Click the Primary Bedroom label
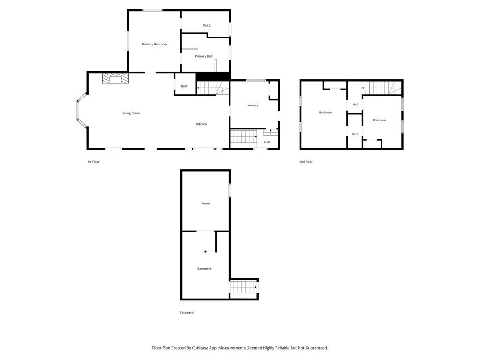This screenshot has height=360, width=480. click(155, 44)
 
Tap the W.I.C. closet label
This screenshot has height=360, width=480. click(207, 25)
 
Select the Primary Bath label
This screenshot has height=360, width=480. click(204, 56)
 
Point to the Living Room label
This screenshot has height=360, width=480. click(131, 113)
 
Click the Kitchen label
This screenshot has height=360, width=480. click(202, 124)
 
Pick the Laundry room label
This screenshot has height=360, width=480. click(252, 105)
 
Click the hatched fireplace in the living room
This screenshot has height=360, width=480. click(115, 78)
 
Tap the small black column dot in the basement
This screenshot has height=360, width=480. click(205, 252)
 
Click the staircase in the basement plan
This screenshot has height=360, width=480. click(243, 287)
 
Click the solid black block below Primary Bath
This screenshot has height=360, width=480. click(213, 76)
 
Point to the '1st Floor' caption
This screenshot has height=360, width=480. click(93, 162)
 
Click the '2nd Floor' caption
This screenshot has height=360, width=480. click(306, 162)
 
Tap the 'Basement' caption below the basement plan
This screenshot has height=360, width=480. click(187, 312)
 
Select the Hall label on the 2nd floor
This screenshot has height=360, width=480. click(355, 105)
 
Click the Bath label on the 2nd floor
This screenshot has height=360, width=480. click(355, 134)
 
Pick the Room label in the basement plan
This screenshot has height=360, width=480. click(205, 203)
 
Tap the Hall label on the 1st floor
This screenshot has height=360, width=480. click(267, 142)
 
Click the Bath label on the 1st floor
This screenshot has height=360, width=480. click(184, 86)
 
